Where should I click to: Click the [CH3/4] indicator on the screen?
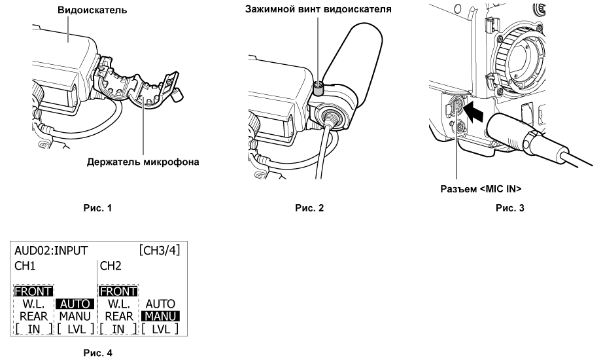pos(159,251)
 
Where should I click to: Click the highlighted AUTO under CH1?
pos(75,304)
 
